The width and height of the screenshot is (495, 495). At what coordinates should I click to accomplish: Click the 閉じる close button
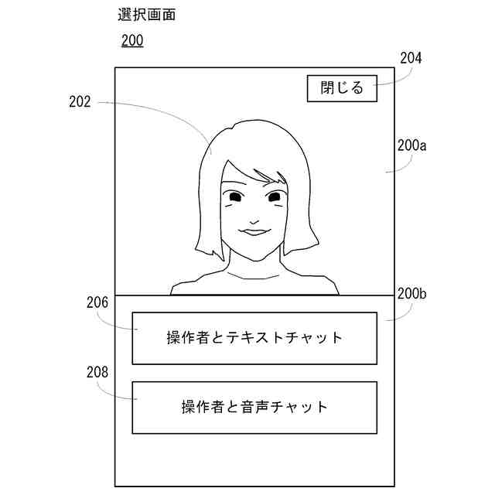click(x=341, y=88)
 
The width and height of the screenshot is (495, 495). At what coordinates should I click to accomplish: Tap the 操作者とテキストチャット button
click(x=254, y=338)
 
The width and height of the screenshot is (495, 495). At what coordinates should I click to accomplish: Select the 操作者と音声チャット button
click(x=254, y=407)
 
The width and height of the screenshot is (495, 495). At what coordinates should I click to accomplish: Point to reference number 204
click(x=410, y=57)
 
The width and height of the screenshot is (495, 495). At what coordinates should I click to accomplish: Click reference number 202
click(x=79, y=101)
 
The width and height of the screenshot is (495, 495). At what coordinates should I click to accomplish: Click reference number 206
click(x=97, y=303)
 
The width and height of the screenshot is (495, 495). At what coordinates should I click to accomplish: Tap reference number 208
click(x=97, y=372)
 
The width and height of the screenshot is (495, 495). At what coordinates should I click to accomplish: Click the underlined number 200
click(x=132, y=41)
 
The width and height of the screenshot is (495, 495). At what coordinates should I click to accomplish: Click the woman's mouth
click(x=253, y=230)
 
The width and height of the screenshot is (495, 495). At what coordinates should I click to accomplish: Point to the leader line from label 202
click(x=162, y=108)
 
